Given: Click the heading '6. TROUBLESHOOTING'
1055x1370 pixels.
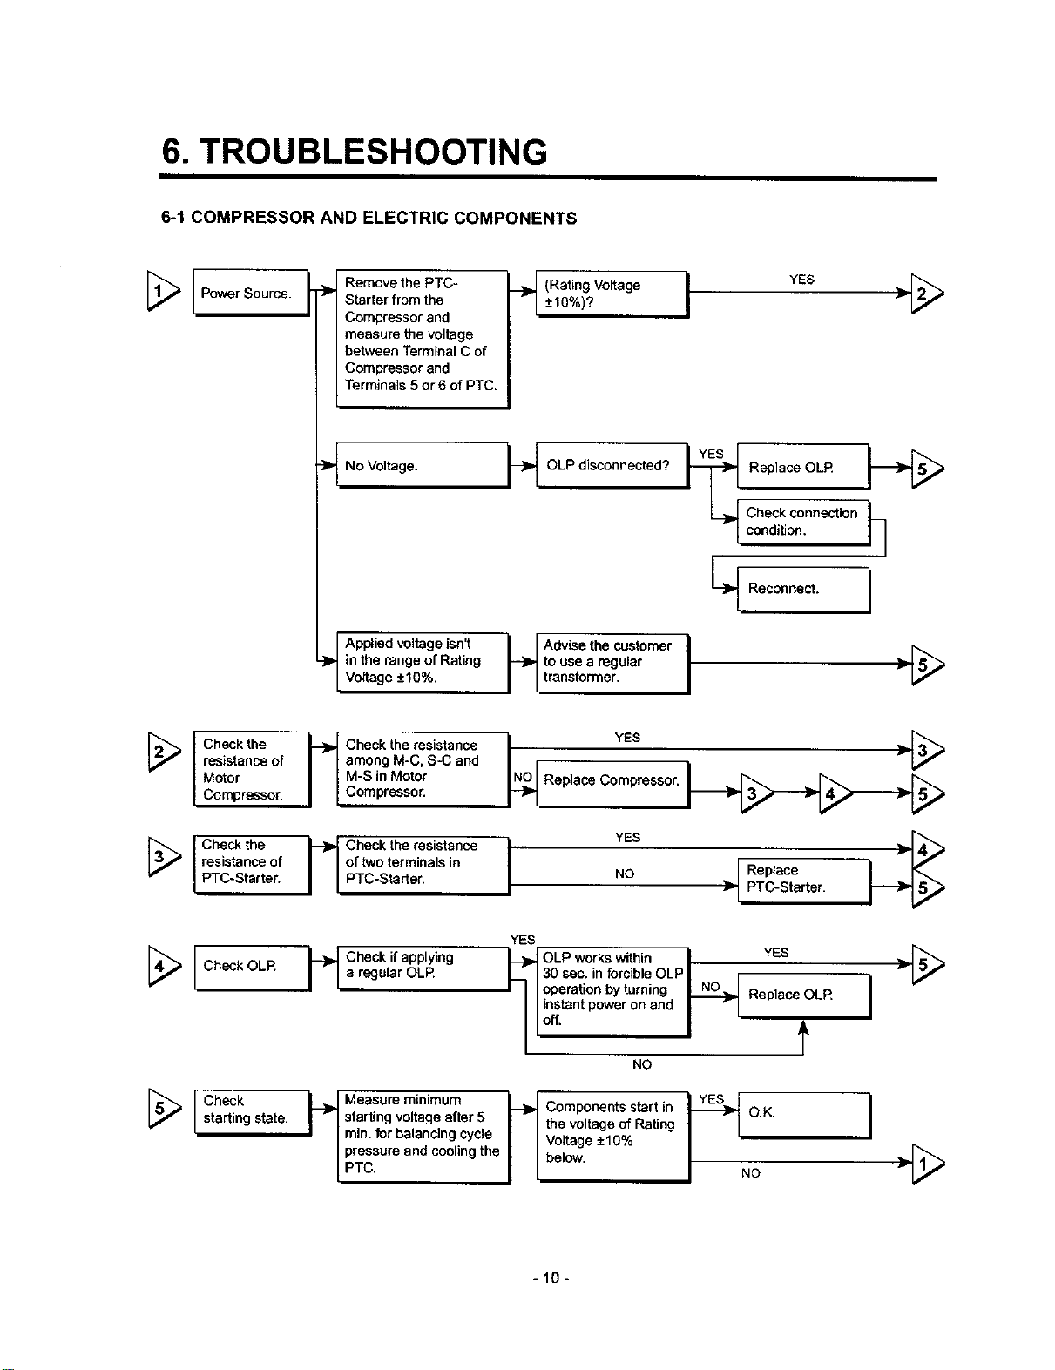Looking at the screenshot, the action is (x=355, y=152).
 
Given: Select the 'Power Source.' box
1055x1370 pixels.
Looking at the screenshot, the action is (x=251, y=293).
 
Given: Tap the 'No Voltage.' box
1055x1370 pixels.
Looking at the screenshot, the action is (x=423, y=465).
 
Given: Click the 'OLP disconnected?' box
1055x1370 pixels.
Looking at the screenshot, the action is (x=612, y=465).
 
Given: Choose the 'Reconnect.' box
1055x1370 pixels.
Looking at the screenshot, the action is (x=803, y=590).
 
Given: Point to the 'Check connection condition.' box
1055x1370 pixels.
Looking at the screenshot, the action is (x=803, y=522).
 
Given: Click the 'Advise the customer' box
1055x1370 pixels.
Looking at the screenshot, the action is (x=612, y=664).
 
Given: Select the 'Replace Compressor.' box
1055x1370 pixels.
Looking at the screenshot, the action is (x=612, y=784).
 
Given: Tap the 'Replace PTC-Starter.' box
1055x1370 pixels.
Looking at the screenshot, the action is (x=804, y=881).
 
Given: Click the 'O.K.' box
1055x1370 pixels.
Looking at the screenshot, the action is (x=804, y=1116).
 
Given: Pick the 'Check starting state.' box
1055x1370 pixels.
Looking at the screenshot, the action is (x=253, y=1113).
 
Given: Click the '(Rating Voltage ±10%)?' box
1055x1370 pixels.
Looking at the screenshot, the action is (x=612, y=294).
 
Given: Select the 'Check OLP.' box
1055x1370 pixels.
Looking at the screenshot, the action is (x=253, y=968).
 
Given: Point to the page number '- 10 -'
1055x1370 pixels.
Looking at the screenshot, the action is (x=551, y=1278).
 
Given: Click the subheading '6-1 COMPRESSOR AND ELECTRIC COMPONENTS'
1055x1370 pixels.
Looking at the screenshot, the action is (x=369, y=218).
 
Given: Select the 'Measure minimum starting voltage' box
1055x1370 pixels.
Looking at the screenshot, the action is (x=423, y=1137).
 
